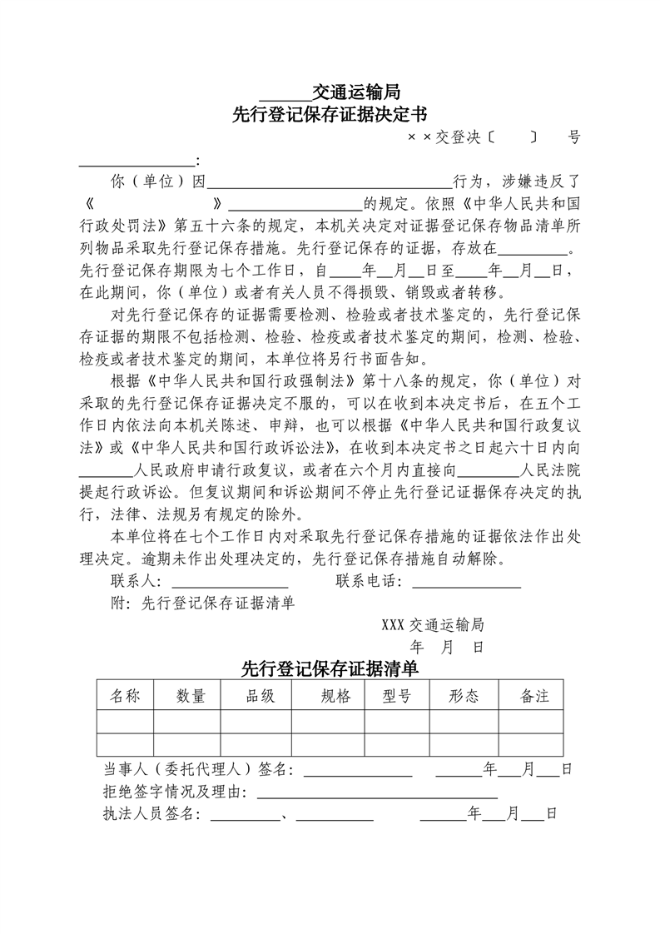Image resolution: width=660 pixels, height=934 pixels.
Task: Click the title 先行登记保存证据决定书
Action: tap(330, 114)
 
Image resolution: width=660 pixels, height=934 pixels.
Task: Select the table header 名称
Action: tap(126, 696)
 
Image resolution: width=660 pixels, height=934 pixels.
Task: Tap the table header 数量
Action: tap(191, 696)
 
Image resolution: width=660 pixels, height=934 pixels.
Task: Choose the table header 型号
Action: tap(396, 696)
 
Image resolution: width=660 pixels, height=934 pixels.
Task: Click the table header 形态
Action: tap(464, 696)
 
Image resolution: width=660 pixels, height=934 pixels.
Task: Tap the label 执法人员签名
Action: tap(151, 813)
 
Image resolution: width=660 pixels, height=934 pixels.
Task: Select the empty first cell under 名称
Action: tap(126, 721)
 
